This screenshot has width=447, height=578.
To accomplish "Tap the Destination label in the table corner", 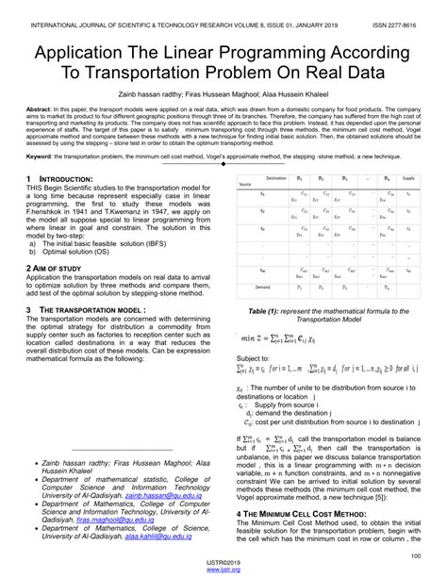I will pyautogui.click(x=276, y=177).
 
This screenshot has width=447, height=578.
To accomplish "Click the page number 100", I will pyautogui.click(x=414, y=555).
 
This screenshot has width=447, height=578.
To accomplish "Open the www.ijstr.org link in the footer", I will pyautogui.click(x=223, y=570).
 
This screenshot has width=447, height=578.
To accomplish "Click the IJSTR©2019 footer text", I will pyautogui.click(x=223, y=563).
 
